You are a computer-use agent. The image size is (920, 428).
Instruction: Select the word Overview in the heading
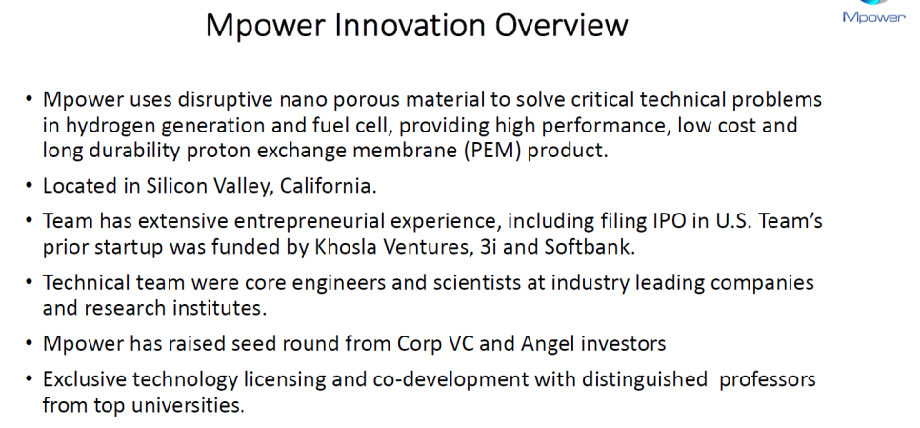562,25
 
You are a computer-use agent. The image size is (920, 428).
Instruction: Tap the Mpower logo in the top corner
873,12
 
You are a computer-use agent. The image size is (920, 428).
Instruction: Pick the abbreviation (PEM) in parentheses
493,151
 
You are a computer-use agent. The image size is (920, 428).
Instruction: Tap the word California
328,186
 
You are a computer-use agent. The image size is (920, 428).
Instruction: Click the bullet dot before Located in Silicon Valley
30,187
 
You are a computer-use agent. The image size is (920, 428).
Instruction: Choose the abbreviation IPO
671,221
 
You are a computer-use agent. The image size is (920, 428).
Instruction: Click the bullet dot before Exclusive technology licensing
30,379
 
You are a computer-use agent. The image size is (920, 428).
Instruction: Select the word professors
768,379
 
